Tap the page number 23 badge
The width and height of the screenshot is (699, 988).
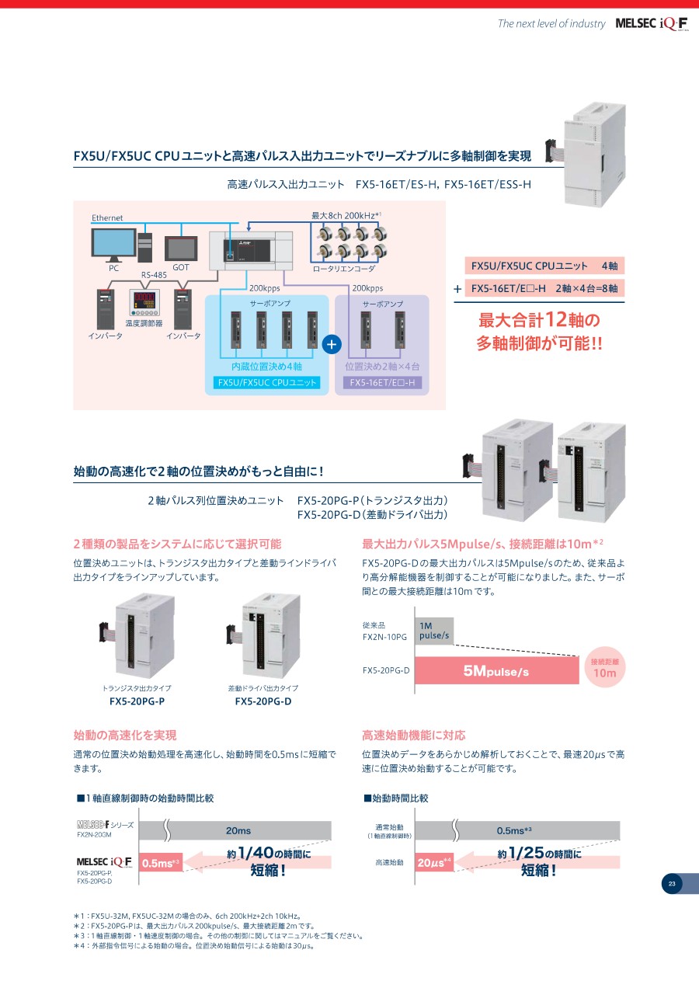[671, 883]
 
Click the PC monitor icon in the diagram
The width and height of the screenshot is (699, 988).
[113, 245]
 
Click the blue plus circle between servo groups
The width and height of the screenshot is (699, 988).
[332, 344]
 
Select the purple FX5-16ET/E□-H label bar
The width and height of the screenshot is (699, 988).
[381, 382]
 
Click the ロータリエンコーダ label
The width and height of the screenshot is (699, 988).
[343, 269]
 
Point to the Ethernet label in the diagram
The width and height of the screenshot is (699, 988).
[107, 218]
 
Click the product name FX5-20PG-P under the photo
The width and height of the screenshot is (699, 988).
[137, 701]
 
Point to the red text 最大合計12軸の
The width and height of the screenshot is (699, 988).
[539, 320]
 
